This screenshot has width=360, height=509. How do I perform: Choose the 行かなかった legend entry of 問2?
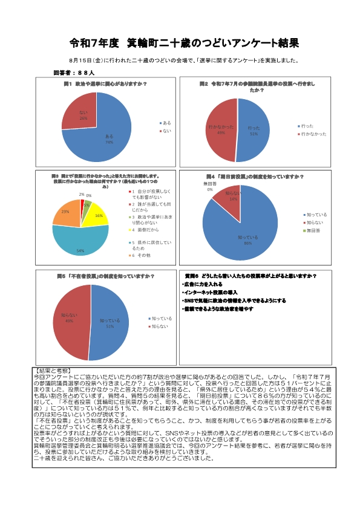point(313,134)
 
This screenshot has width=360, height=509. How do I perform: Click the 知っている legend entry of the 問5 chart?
point(160,318)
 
